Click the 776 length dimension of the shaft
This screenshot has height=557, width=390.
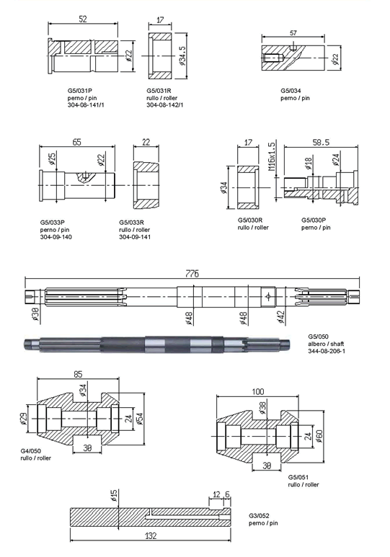click(192, 274)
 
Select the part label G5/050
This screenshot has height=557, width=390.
click(318, 337)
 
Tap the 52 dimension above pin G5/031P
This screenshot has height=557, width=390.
click(82, 19)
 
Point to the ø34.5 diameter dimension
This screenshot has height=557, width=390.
click(182, 55)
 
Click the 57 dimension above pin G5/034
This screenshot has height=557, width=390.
click(293, 33)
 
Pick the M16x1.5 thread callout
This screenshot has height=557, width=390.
click(272, 157)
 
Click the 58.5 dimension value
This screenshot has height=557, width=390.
click(321, 142)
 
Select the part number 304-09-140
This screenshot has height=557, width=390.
click(56, 237)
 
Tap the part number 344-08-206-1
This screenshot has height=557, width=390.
click(327, 351)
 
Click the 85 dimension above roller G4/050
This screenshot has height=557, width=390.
click(78, 374)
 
